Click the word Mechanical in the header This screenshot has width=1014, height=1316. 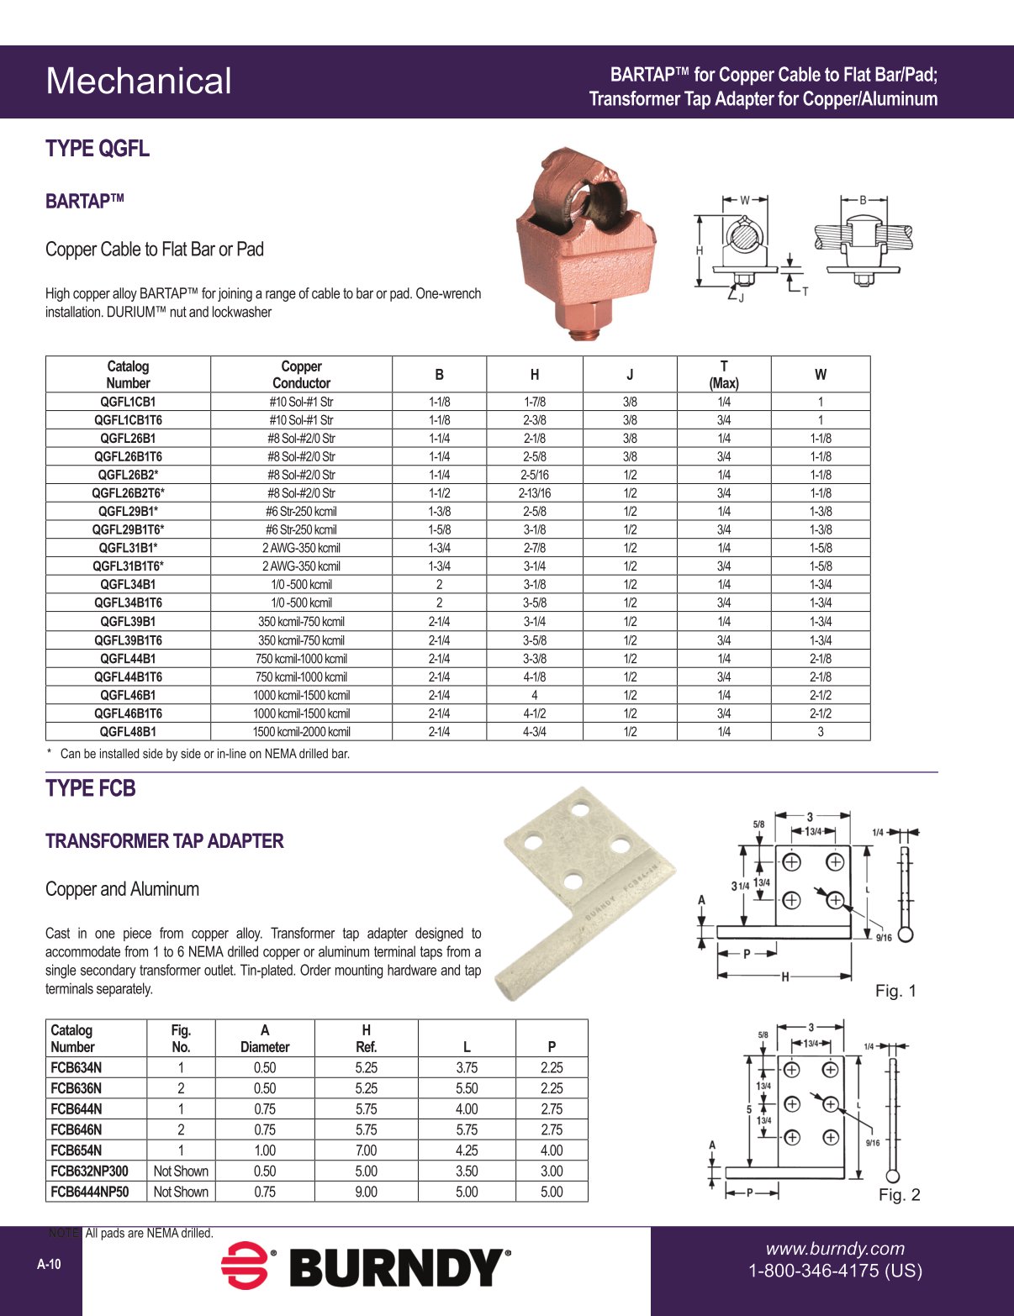tap(139, 82)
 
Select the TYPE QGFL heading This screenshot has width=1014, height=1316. tap(98, 149)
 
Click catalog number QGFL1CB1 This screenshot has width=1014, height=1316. tap(128, 402)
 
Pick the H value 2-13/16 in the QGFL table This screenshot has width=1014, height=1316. tap(534, 493)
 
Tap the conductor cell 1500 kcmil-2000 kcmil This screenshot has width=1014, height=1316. tap(301, 732)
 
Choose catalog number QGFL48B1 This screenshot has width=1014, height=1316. tap(128, 732)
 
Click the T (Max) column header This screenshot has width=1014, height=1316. tap(723, 375)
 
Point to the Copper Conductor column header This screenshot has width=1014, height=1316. tap(301, 375)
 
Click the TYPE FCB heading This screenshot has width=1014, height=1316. tap(91, 788)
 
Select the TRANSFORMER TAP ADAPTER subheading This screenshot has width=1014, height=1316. tap(165, 841)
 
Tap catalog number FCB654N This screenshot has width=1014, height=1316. tap(77, 1150)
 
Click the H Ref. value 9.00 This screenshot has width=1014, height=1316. tap(366, 1192)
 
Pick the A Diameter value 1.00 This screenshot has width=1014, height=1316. tap(265, 1150)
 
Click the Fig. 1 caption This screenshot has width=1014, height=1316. tap(895, 991)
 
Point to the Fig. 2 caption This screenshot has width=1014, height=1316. tap(899, 1195)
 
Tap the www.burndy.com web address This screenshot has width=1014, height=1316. tap(835, 1249)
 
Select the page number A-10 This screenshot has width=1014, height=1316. tap(49, 1265)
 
